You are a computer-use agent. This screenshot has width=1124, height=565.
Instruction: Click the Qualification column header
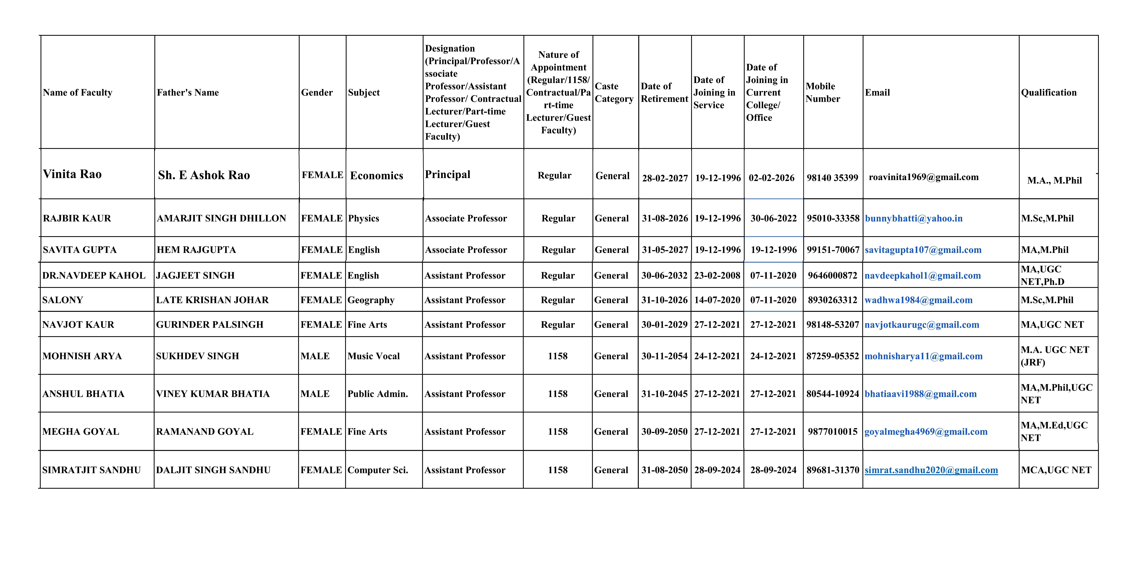tap(1049, 93)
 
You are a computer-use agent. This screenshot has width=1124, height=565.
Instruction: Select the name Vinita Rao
tap(72, 174)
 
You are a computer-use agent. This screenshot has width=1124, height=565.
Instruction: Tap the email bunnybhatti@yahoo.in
tap(914, 218)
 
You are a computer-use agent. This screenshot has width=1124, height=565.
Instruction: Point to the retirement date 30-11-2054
tap(664, 356)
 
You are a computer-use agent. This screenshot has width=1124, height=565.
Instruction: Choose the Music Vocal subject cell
tap(373, 356)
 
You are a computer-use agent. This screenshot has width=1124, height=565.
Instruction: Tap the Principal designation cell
tap(448, 175)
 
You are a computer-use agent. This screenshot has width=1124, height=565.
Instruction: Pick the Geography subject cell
tap(371, 300)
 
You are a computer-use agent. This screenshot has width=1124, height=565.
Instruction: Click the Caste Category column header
tap(614, 93)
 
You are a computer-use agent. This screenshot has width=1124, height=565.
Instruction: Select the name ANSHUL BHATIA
tap(83, 394)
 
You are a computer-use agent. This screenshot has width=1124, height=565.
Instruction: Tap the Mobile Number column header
tap(823, 93)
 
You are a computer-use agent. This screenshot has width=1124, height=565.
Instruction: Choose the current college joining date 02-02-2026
tap(771, 178)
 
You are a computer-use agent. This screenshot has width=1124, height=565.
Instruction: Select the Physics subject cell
tap(363, 218)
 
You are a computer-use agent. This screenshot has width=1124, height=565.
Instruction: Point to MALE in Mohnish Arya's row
tap(315, 356)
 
